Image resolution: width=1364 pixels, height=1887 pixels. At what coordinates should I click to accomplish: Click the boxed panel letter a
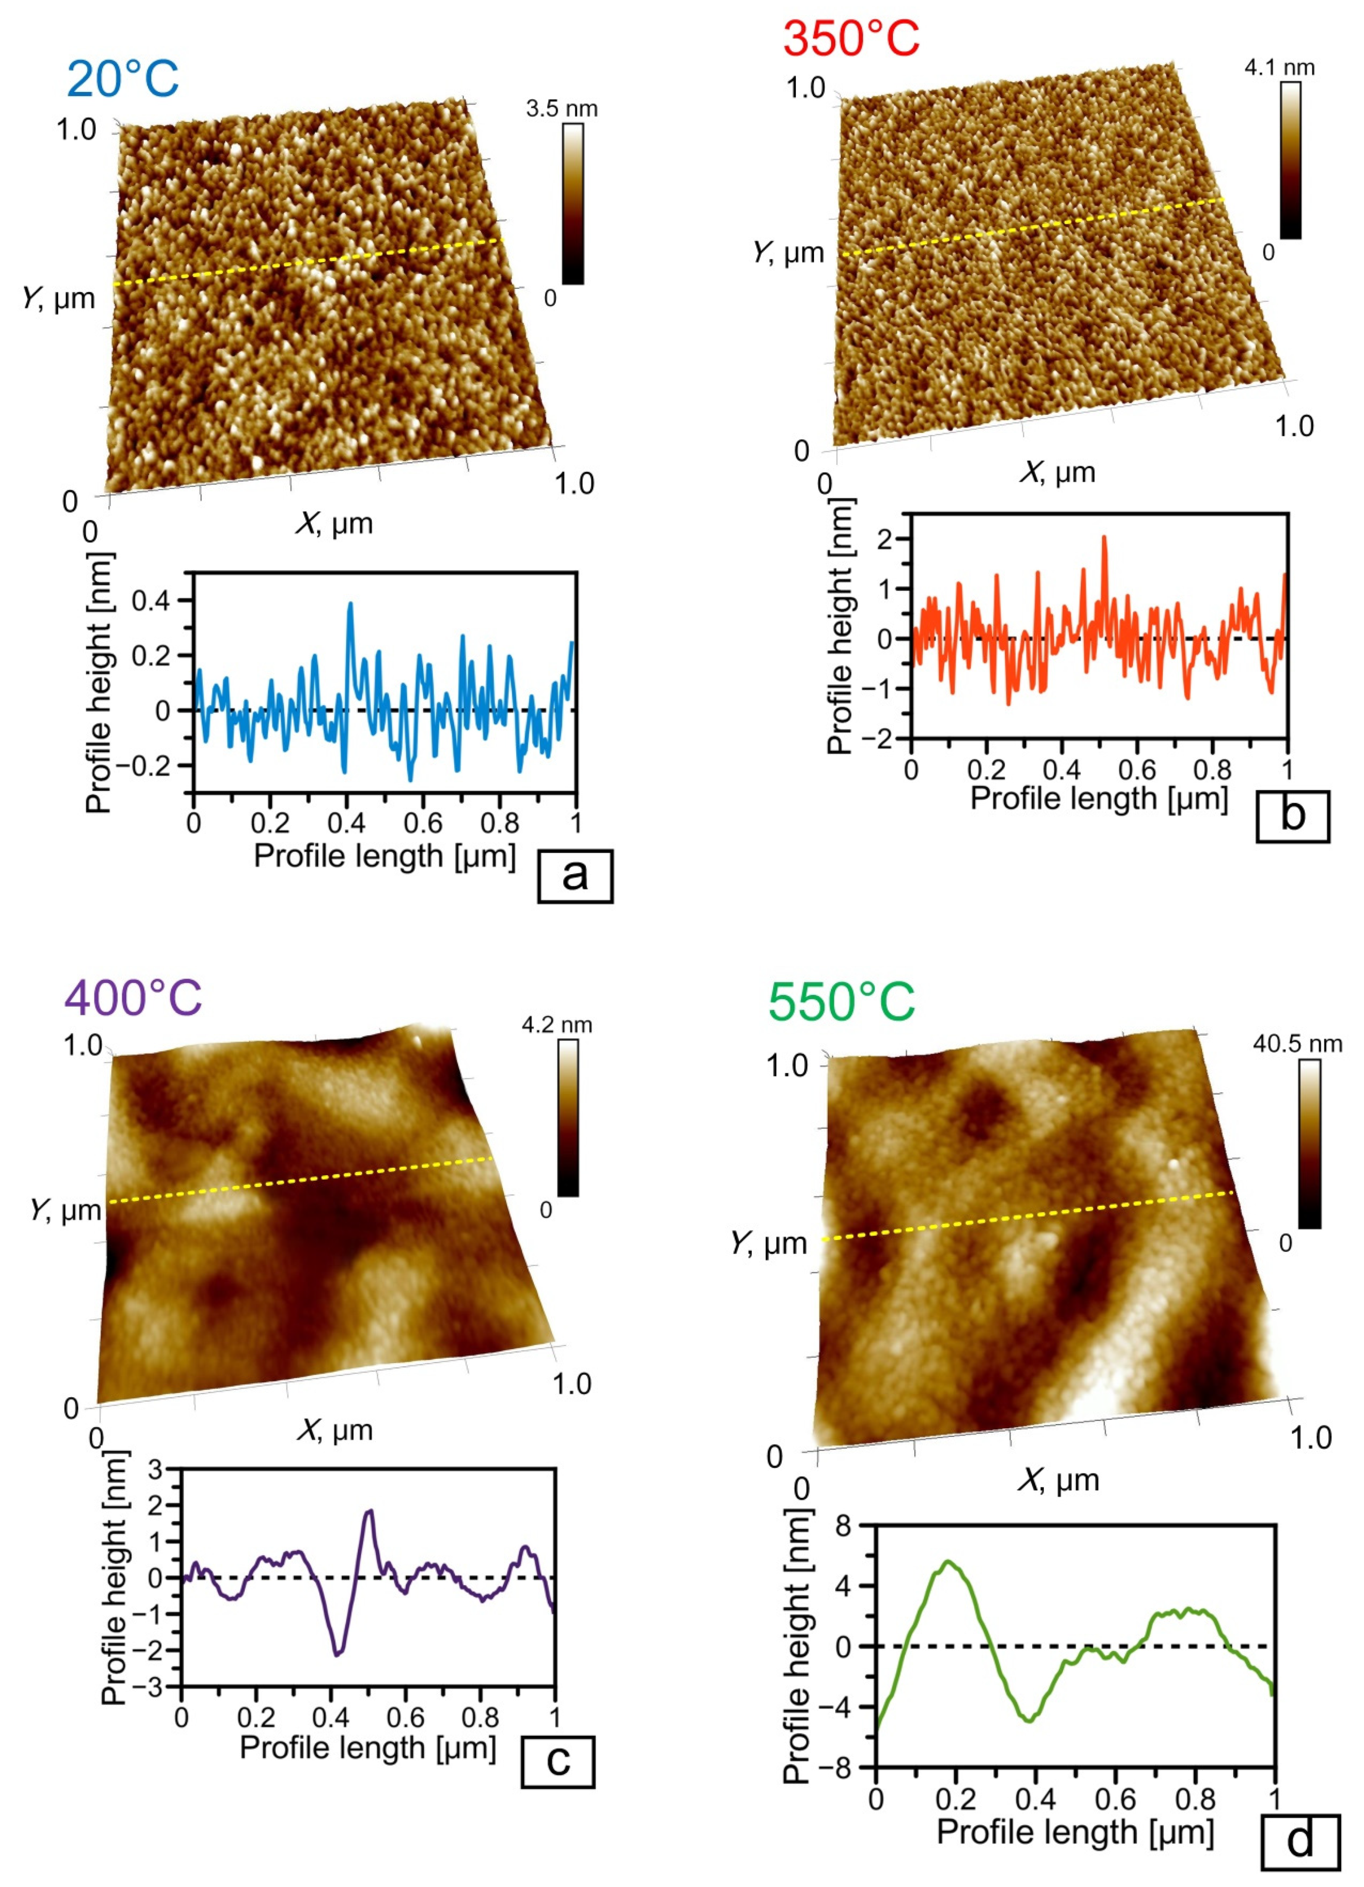575,876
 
